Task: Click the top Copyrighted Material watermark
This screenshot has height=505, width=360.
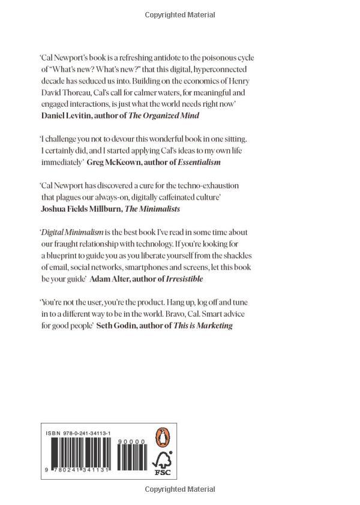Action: click(179, 13)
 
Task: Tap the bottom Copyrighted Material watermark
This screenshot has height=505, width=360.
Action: click(179, 489)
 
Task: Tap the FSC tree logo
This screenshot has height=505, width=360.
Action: click(163, 464)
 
